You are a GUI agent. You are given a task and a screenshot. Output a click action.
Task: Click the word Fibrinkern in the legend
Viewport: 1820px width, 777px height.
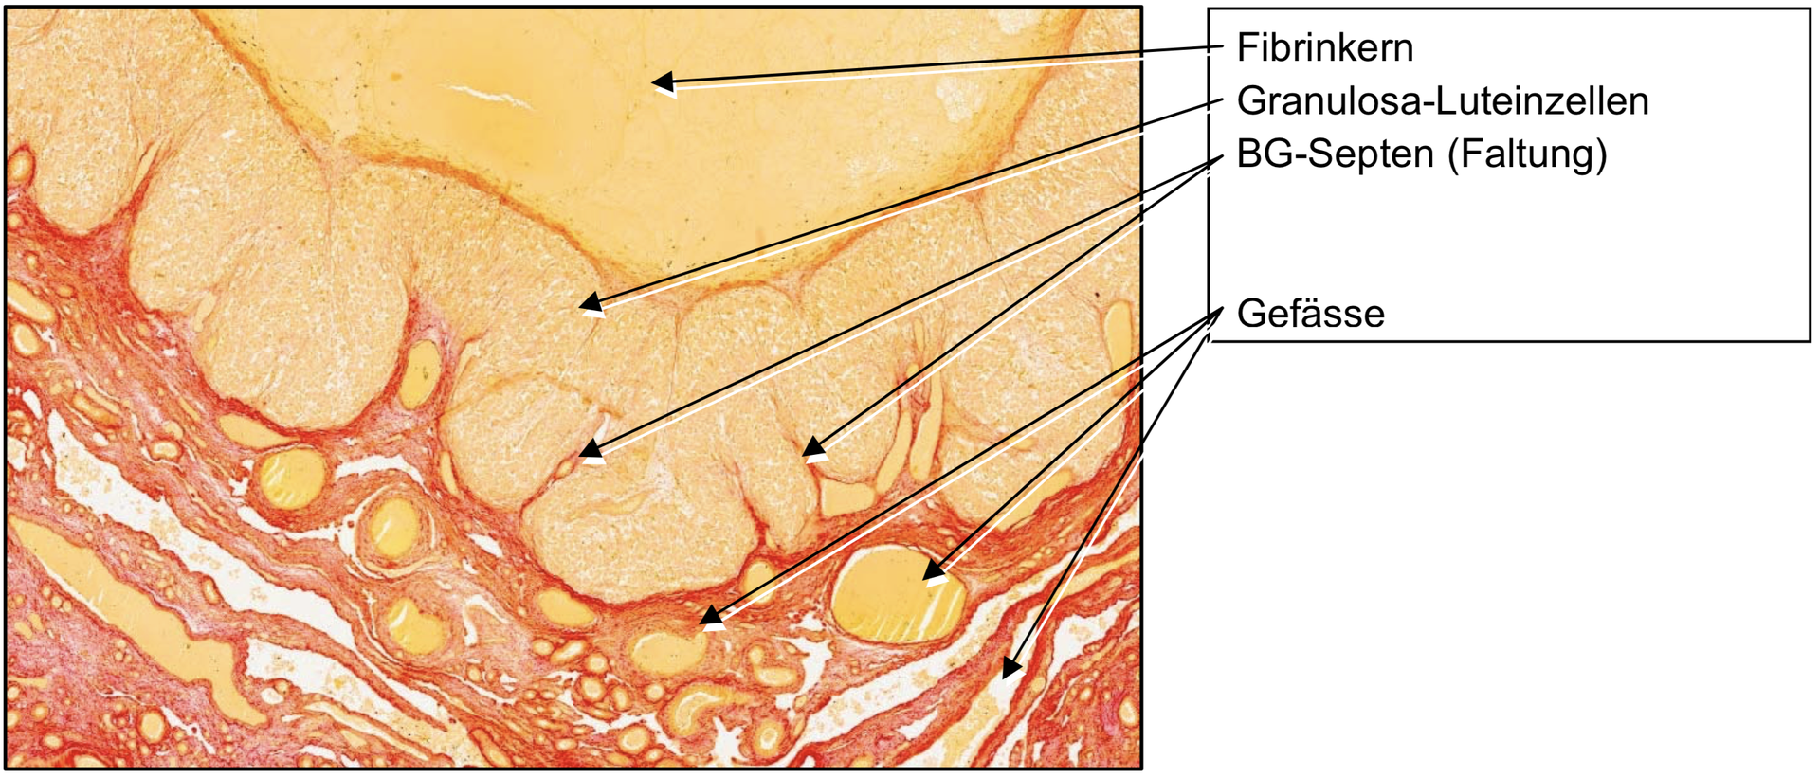tap(1324, 47)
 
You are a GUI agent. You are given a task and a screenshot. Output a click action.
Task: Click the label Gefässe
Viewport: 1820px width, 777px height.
tap(1311, 314)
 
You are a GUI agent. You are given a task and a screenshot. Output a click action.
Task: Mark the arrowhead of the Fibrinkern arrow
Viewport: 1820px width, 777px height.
tap(664, 81)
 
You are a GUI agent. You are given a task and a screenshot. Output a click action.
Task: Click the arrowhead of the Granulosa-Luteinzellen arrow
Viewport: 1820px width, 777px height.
tap(591, 303)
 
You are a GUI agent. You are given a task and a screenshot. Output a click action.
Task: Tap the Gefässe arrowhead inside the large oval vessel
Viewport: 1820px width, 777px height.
tap(935, 569)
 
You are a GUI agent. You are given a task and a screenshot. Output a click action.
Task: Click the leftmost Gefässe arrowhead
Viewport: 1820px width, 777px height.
tap(712, 617)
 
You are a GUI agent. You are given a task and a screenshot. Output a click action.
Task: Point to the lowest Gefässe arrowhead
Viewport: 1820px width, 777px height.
tap(1012, 667)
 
